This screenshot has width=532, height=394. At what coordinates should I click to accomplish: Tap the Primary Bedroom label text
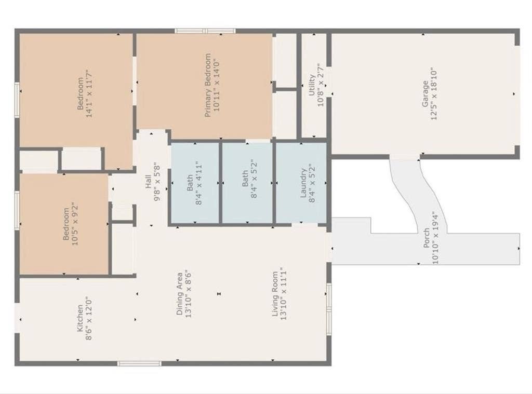pyautogui.click(x=207, y=85)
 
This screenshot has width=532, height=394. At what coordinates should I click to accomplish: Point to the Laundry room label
pyautogui.click(x=303, y=184)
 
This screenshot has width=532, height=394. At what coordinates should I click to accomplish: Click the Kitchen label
pyautogui.click(x=80, y=318)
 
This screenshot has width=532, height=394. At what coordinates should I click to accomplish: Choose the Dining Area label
pyautogui.click(x=179, y=293)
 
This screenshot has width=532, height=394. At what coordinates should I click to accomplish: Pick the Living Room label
pyautogui.click(x=275, y=293)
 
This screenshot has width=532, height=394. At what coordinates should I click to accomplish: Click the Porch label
pyautogui.click(x=427, y=238)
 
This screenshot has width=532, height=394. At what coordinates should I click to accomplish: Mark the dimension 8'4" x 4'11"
pyautogui.click(x=198, y=184)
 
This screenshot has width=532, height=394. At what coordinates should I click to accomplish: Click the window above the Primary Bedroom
pyautogui.click(x=205, y=31)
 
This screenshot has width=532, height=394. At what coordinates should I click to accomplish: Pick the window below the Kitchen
pyautogui.click(x=139, y=363)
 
